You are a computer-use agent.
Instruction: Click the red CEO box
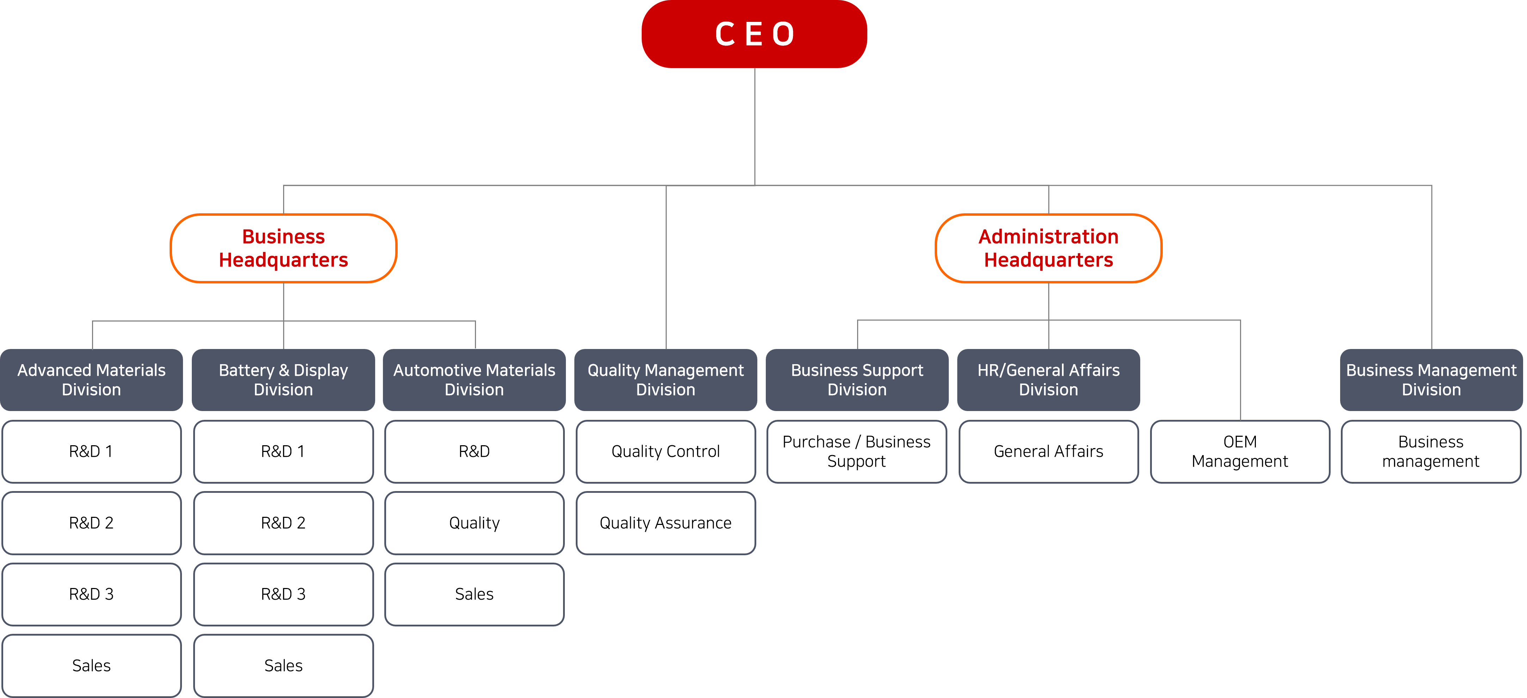click(754, 34)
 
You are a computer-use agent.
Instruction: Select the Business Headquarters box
click(283, 248)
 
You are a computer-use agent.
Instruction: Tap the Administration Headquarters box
click(1048, 248)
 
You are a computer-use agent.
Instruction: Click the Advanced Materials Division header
click(91, 380)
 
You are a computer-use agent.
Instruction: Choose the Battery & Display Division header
click(283, 380)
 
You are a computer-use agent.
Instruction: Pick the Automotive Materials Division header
click(474, 380)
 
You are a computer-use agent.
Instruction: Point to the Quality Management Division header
click(666, 380)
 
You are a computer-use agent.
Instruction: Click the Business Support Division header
click(857, 380)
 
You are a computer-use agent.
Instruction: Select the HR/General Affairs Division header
click(1048, 380)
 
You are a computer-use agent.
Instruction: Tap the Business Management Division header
click(1431, 380)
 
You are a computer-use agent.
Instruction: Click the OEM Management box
click(1240, 452)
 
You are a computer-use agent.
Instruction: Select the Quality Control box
click(666, 452)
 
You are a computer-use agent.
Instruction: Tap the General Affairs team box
click(1048, 452)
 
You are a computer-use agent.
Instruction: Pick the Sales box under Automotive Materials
click(474, 594)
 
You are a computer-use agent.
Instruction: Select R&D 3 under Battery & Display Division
click(283, 594)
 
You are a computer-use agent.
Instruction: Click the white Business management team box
click(1431, 452)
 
